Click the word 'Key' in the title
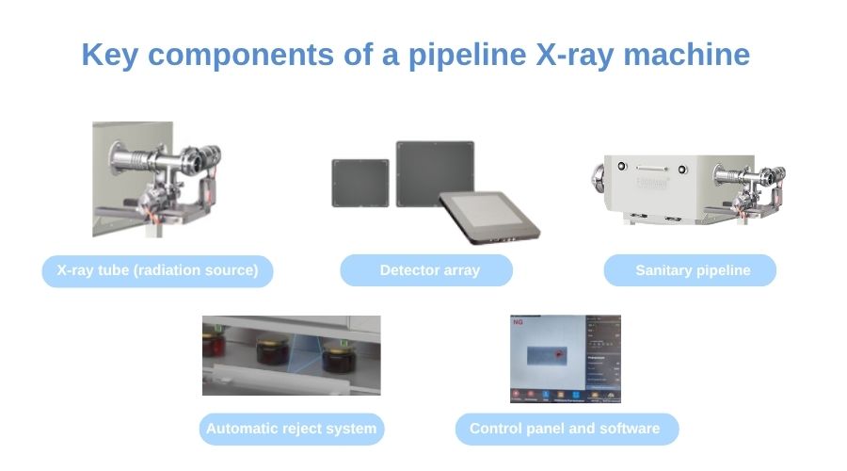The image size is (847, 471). click(x=109, y=55)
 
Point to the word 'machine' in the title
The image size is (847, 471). click(x=689, y=55)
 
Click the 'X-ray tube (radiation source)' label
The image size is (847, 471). click(x=157, y=271)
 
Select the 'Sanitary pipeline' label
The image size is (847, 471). click(x=693, y=270)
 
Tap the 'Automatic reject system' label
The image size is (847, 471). click(x=291, y=429)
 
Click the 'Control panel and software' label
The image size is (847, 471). click(x=564, y=429)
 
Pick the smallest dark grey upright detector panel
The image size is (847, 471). click(x=360, y=183)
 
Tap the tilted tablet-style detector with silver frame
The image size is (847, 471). click(x=490, y=213)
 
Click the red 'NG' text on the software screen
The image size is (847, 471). click(x=519, y=322)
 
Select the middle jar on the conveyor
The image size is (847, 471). click(x=272, y=356)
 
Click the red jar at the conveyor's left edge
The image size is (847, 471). click(x=213, y=345)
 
